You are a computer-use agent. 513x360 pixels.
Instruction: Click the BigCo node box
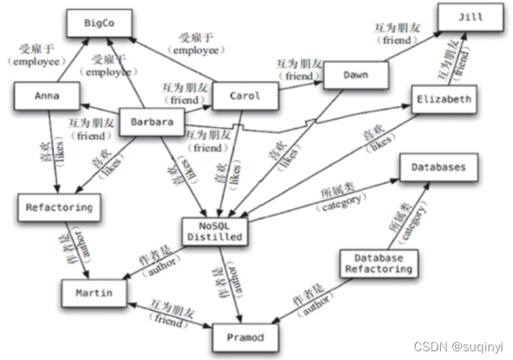tap(100, 22)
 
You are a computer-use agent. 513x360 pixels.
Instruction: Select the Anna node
tap(47, 96)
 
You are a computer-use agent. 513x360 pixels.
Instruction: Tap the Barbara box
tap(152, 122)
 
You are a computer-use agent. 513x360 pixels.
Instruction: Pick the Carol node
tap(244, 96)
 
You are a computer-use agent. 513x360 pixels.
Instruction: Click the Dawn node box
tap(356, 75)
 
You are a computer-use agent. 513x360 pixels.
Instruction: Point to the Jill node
tap(470, 18)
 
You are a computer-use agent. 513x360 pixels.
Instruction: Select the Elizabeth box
tap(443, 99)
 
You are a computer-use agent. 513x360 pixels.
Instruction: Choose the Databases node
tap(438, 167)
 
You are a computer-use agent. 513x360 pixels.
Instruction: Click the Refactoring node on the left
tap(59, 207)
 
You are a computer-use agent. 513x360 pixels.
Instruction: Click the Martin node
tap(93, 293)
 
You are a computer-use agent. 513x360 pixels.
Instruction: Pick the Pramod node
tap(245, 336)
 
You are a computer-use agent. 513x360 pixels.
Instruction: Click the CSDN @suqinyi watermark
tap(458, 346)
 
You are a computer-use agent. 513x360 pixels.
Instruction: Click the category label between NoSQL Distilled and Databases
tap(344, 197)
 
